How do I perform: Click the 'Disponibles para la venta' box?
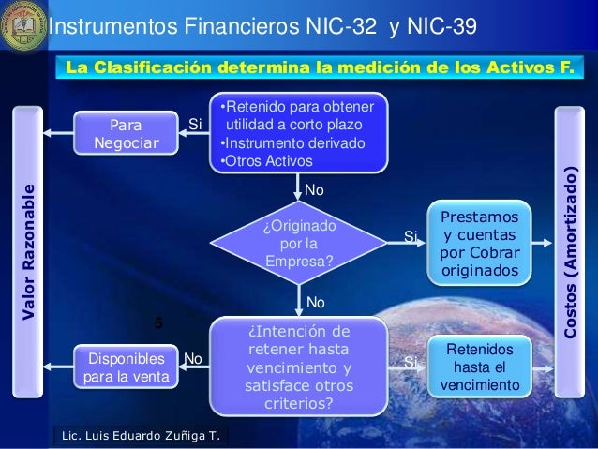click(126, 368)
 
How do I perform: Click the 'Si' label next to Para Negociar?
click(195, 124)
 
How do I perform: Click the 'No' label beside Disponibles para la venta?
click(193, 358)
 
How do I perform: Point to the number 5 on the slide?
click(158, 322)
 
